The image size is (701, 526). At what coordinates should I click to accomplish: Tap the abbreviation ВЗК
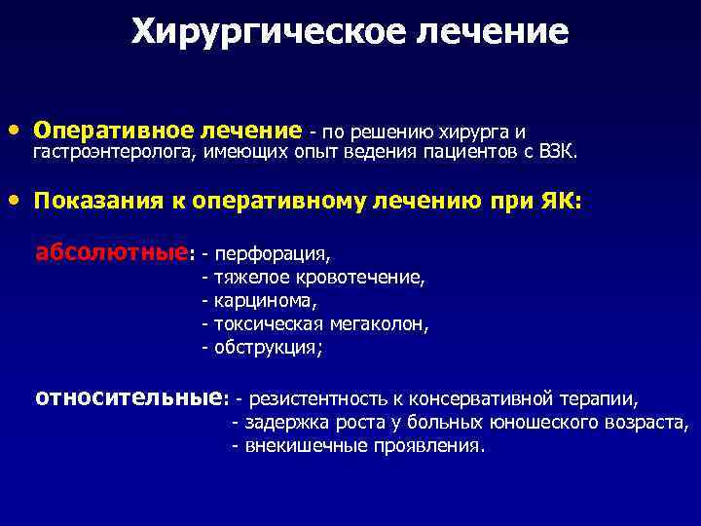[x=558, y=153]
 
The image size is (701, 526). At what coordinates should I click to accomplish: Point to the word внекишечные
[x=295, y=446]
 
